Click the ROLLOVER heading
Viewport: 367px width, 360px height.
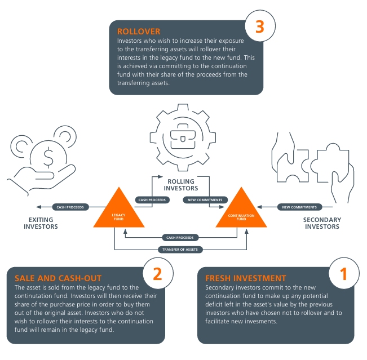point(139,32)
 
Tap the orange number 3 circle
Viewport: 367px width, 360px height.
point(259,28)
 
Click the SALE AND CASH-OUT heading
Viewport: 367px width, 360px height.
point(51,278)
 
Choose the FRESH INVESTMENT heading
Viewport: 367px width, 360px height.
point(245,278)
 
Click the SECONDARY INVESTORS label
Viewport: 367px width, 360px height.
point(322,223)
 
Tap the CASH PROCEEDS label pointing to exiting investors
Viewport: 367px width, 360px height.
point(70,207)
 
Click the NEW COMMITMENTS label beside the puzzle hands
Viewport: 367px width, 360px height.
point(299,207)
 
